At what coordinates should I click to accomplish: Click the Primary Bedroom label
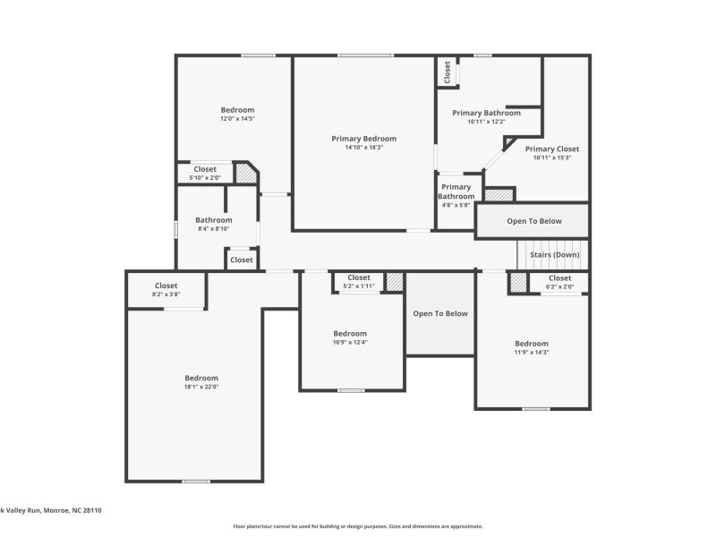pyautogui.click(x=363, y=139)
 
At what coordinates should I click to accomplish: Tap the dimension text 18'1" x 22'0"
pyautogui.click(x=201, y=388)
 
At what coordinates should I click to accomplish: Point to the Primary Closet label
pyautogui.click(x=551, y=149)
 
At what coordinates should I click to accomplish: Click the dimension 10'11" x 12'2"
pyautogui.click(x=486, y=122)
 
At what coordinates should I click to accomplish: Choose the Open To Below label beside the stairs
pyautogui.click(x=534, y=221)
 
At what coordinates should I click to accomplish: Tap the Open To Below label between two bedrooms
pyautogui.click(x=439, y=314)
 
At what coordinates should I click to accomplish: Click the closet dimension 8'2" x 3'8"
pyautogui.click(x=166, y=294)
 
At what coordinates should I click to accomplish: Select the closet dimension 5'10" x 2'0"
pyautogui.click(x=205, y=178)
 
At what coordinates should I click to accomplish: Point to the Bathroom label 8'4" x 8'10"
pyautogui.click(x=214, y=220)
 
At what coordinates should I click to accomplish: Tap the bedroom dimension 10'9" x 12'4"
pyautogui.click(x=349, y=342)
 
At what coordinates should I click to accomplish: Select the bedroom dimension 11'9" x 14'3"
pyautogui.click(x=531, y=353)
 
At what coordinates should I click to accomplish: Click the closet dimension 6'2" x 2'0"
pyautogui.click(x=559, y=287)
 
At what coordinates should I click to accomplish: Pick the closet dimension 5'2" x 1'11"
pyautogui.click(x=358, y=286)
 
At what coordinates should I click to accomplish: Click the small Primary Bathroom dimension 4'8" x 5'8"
pyautogui.click(x=456, y=205)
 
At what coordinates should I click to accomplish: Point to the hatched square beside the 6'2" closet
pyautogui.click(x=518, y=283)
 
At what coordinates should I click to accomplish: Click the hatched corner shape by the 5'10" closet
pyautogui.click(x=245, y=172)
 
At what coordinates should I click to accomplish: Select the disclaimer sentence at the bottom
pyautogui.click(x=358, y=526)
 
